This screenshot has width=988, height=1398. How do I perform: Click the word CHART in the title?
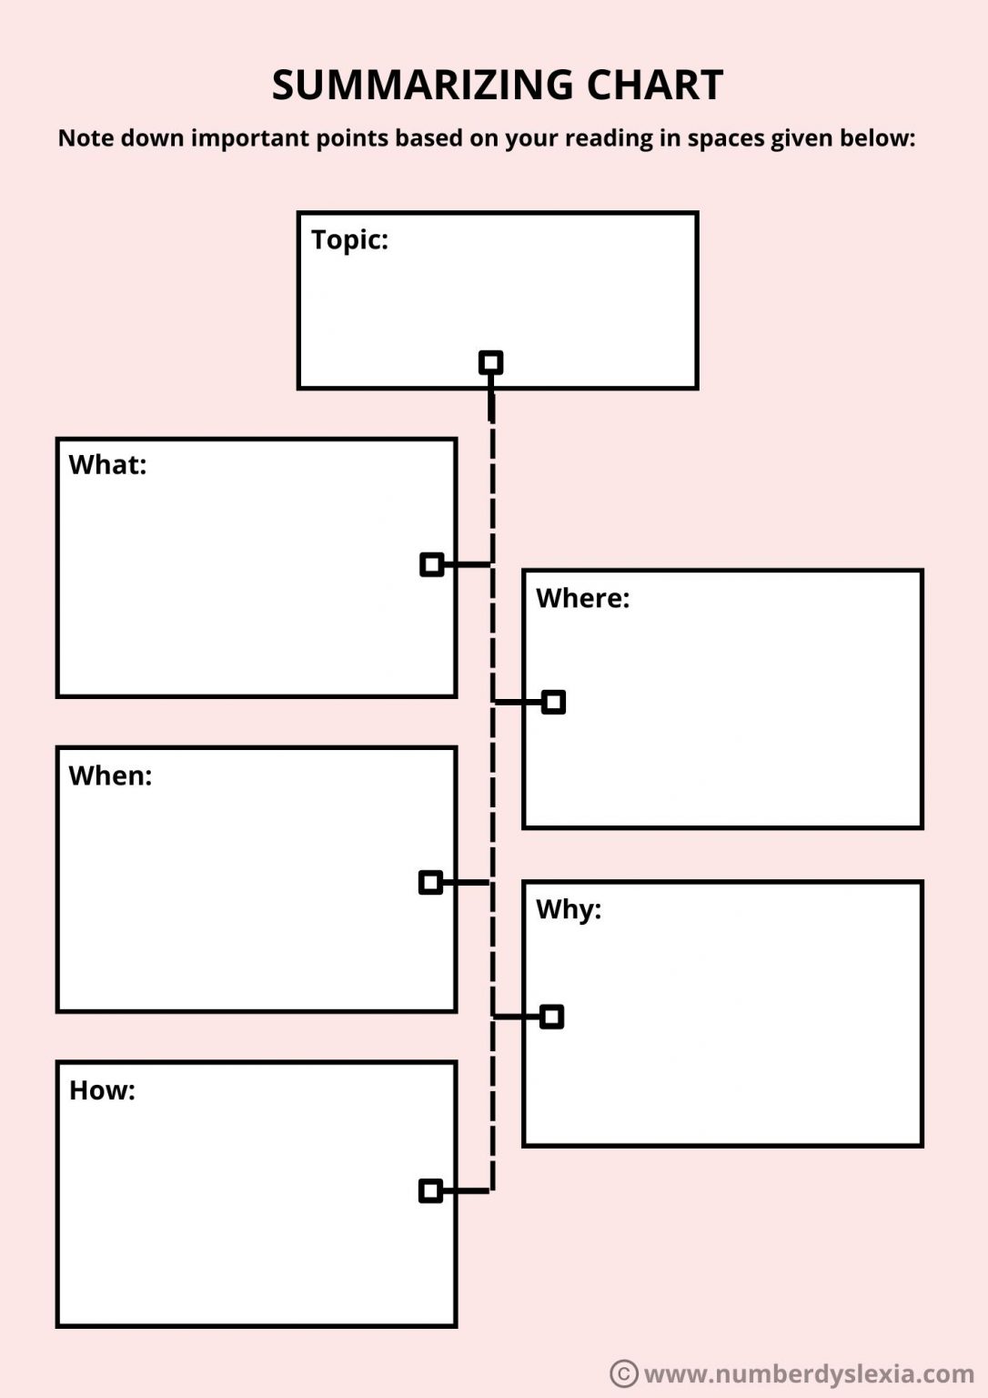coord(654,85)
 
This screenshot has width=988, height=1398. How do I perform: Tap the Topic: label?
coord(349,239)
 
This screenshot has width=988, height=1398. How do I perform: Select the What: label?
coord(107,465)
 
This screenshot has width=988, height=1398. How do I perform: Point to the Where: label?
coord(582,598)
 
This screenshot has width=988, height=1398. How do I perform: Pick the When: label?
coord(110,775)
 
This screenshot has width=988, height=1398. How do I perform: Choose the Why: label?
coord(569,909)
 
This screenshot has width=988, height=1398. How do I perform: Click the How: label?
coord(102,1090)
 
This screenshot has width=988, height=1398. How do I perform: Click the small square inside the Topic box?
coord(491,362)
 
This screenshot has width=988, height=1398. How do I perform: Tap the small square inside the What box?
coord(432,564)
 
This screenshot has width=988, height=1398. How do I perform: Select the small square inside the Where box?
coord(553,702)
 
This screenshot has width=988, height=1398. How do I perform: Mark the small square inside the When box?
coord(430,882)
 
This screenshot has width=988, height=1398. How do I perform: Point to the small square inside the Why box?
coord(551,1017)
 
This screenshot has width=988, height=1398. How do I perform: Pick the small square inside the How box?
coord(430,1190)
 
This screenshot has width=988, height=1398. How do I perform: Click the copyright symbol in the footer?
coord(623,1373)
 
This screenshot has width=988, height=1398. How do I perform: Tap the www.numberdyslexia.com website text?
coord(808,1373)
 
